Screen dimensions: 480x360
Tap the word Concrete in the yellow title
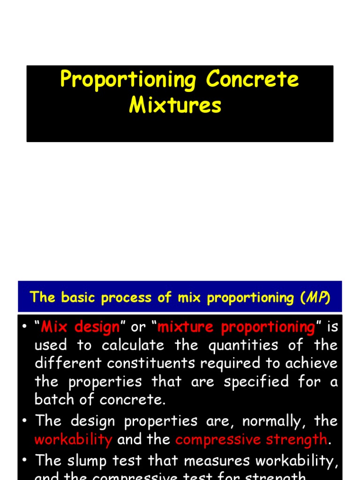[x=252, y=80]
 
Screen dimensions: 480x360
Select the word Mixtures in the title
[x=175, y=105]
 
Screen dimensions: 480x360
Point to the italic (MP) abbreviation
[x=318, y=297]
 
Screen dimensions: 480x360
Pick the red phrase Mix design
[x=80, y=327]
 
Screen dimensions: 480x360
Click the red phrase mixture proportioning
[x=236, y=327]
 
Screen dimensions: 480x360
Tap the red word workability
[x=74, y=439]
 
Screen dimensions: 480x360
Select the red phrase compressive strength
[x=251, y=439]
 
